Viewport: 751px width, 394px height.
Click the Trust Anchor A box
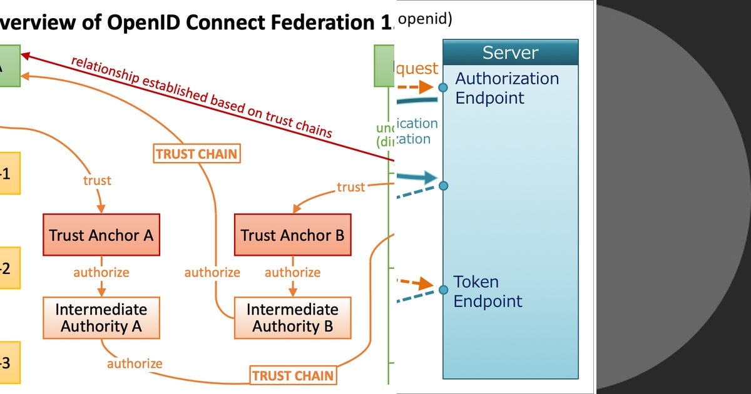click(x=101, y=235)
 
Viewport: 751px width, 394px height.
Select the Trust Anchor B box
click(x=292, y=235)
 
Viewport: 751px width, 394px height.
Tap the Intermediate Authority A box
click(x=101, y=318)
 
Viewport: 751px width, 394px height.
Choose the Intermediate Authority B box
click(x=292, y=318)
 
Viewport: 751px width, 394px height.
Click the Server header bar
click(x=510, y=52)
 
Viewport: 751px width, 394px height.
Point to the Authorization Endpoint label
click(x=506, y=88)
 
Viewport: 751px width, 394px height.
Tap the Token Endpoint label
click(x=488, y=291)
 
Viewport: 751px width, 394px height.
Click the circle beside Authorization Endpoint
click(x=443, y=88)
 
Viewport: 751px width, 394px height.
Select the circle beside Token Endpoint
click(x=443, y=290)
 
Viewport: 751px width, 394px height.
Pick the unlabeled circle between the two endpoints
click(x=443, y=186)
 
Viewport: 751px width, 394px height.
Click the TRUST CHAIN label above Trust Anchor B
click(x=197, y=154)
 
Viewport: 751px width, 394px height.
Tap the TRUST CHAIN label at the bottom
click(x=293, y=376)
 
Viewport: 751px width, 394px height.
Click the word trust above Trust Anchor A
click(x=97, y=180)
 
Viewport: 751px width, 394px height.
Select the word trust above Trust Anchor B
click(x=350, y=186)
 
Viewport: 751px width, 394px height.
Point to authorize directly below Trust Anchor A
click(x=101, y=273)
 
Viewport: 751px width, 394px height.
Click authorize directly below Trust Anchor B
click(x=292, y=273)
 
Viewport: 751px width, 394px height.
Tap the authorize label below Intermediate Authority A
click(x=135, y=363)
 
